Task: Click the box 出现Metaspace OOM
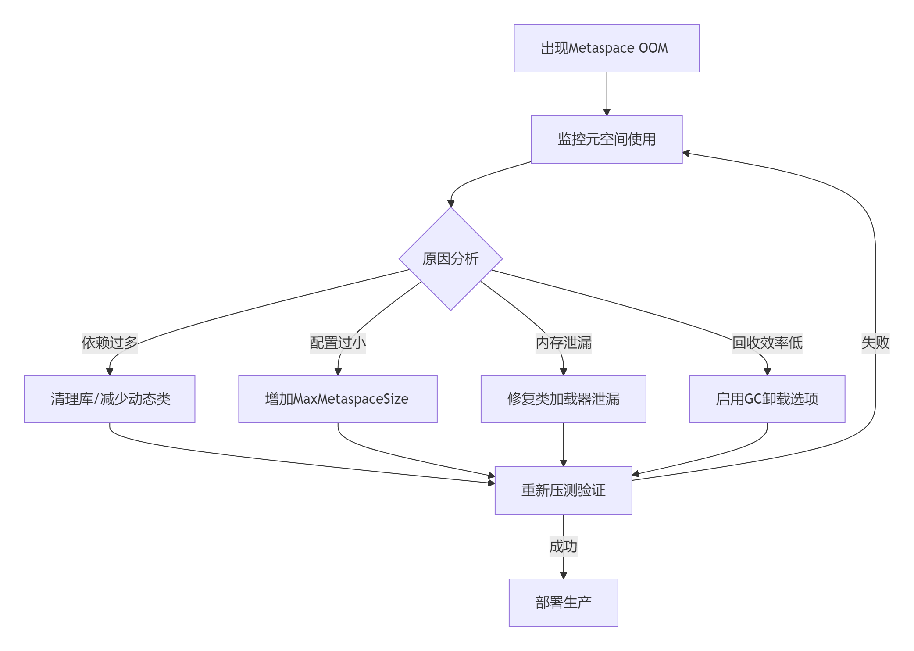(606, 48)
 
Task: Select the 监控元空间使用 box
(606, 139)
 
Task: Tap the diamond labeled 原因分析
(450, 259)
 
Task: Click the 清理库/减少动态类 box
(110, 399)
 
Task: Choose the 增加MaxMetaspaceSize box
(338, 399)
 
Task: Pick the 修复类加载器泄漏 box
(563, 399)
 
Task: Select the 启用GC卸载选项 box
(767, 399)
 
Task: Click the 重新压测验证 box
(563, 490)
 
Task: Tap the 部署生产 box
(563, 602)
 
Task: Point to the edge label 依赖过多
(110, 343)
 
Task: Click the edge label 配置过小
(338, 343)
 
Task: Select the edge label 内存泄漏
(563, 343)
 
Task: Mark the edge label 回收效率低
(767, 343)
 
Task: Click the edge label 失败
(875, 343)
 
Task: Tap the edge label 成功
(563, 546)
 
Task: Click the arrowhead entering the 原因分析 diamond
(451, 204)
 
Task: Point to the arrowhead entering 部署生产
(564, 576)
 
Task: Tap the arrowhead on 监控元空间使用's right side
(686, 153)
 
